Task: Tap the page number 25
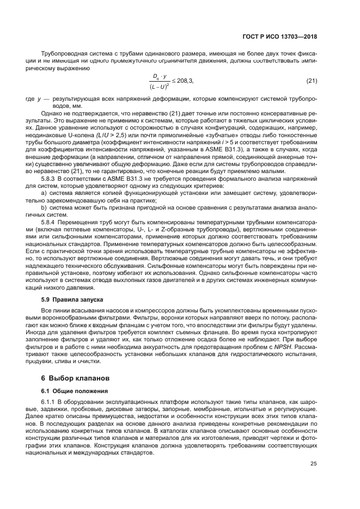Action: (313, 463)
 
